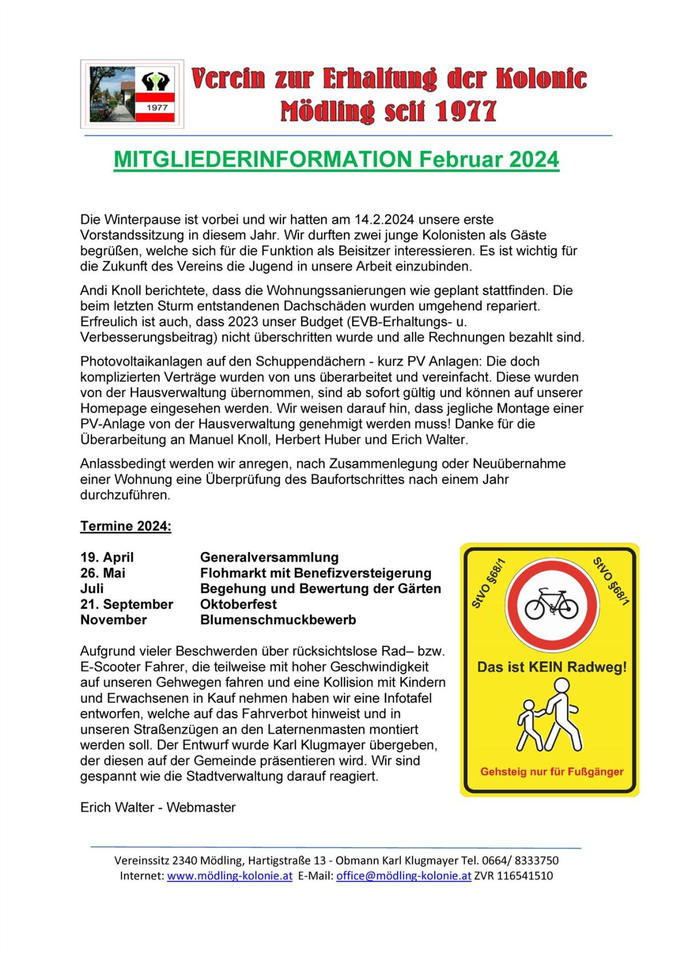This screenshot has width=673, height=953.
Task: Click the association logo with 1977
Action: [x=132, y=94]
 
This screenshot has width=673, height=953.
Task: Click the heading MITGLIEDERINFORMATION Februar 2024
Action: [x=336, y=159]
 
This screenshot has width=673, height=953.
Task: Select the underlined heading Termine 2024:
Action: [x=126, y=526]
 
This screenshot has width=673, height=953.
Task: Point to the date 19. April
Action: [x=107, y=557]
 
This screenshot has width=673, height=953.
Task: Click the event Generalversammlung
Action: [x=269, y=557]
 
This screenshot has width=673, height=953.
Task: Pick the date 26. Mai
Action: [x=103, y=573]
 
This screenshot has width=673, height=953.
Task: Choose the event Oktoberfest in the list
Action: [x=238, y=604]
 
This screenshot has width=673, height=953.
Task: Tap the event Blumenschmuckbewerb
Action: [x=278, y=620]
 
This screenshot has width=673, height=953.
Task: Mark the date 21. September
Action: [x=126, y=604]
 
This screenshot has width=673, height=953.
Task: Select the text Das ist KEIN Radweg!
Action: [x=551, y=667]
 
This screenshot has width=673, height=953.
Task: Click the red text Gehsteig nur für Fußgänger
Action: [x=551, y=772]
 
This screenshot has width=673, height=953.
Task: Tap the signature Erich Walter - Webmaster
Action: [x=158, y=807]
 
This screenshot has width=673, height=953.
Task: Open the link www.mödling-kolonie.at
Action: [x=230, y=876]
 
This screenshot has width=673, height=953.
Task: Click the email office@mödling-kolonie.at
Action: [x=403, y=876]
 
